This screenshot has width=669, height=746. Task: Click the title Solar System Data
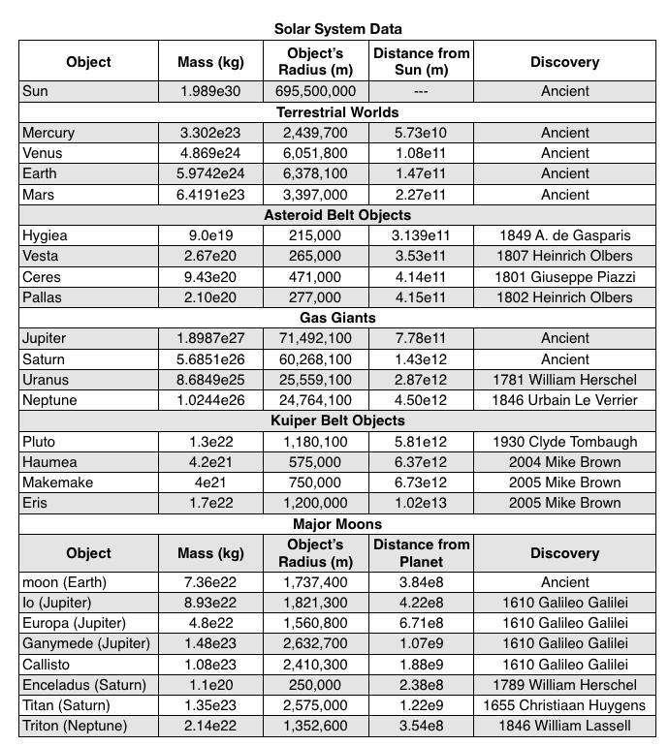coord(337,29)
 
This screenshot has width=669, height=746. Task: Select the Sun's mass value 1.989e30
coord(210,91)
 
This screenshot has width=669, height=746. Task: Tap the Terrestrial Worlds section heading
coord(337,112)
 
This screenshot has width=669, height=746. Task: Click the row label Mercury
coord(48,133)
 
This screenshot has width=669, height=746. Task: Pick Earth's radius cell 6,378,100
coord(315,173)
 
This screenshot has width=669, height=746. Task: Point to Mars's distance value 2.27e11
coord(420,195)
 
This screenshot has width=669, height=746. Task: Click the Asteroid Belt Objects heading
coord(337,215)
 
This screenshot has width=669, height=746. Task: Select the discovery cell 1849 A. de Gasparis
coord(565,235)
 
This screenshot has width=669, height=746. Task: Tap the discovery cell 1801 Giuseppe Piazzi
coord(565,277)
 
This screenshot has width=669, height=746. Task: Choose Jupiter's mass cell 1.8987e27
coord(210,338)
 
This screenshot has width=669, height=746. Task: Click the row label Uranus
coord(46,380)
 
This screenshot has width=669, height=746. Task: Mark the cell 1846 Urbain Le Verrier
coord(565,400)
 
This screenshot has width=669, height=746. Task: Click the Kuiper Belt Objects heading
coord(337,420)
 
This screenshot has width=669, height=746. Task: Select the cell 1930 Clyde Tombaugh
coord(565,442)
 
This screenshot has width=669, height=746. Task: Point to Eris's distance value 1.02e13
coord(420,503)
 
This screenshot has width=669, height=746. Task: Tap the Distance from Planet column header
coord(420,553)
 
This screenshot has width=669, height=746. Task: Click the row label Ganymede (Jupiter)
coord(86,643)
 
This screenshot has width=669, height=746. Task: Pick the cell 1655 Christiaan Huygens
coord(565,705)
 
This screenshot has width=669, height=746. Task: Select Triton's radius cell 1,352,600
coord(315,726)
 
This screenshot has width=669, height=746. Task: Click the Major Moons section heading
coord(337,524)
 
